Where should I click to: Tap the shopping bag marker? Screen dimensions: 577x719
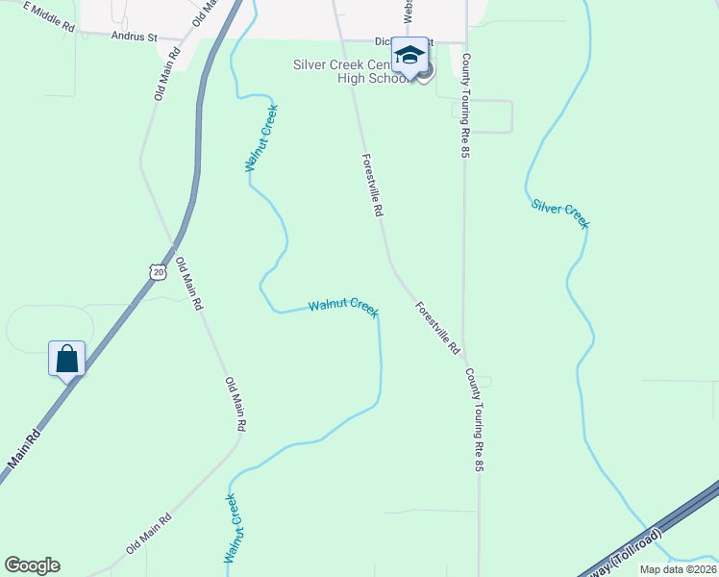click(67, 360)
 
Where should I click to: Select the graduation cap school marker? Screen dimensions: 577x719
click(409, 56)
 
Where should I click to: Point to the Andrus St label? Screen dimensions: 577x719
click(134, 37)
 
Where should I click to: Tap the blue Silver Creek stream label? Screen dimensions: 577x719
click(560, 213)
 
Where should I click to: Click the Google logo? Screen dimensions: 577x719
click(32, 565)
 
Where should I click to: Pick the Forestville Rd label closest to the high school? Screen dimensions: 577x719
click(373, 185)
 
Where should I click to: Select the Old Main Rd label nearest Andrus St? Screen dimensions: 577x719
click(166, 75)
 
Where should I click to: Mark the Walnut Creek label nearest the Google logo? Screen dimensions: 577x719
click(231, 529)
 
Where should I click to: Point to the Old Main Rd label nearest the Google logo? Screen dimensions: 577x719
click(148, 535)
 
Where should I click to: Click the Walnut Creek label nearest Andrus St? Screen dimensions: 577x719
click(260, 137)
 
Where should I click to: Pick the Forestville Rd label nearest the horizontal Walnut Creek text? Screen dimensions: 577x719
click(437, 328)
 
